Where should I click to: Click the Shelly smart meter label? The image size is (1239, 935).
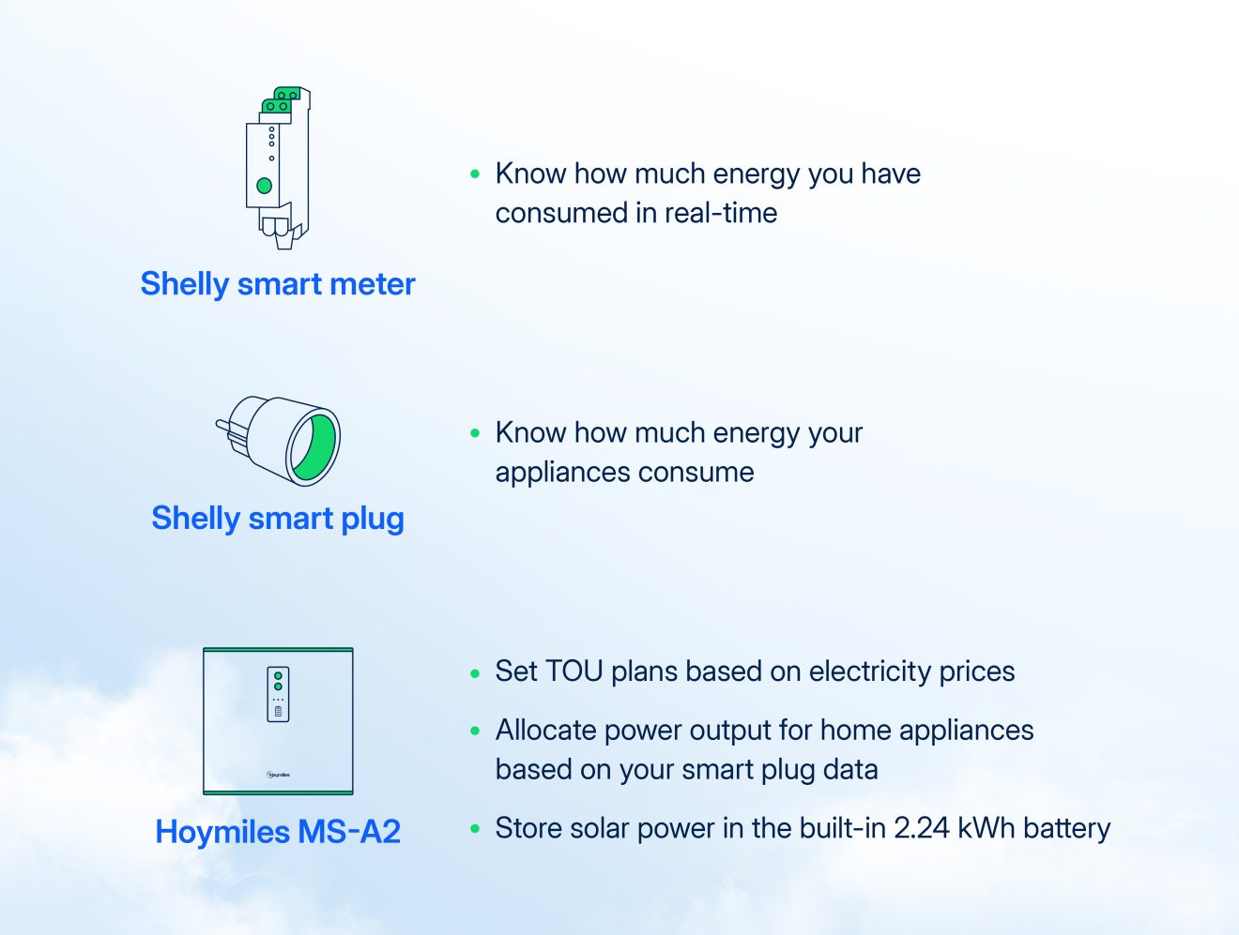278,284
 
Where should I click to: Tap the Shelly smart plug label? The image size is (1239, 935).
278,519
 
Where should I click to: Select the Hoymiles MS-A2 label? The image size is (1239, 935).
278,832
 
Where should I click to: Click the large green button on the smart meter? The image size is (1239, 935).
265,186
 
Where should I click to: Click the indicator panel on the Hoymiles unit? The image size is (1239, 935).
278,694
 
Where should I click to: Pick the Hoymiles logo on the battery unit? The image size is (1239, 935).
278,775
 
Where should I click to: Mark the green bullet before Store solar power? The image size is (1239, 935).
475,829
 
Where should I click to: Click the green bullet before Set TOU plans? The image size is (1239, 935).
475,672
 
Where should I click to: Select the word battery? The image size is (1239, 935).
1067,828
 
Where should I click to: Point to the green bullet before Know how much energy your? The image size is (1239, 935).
475,433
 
